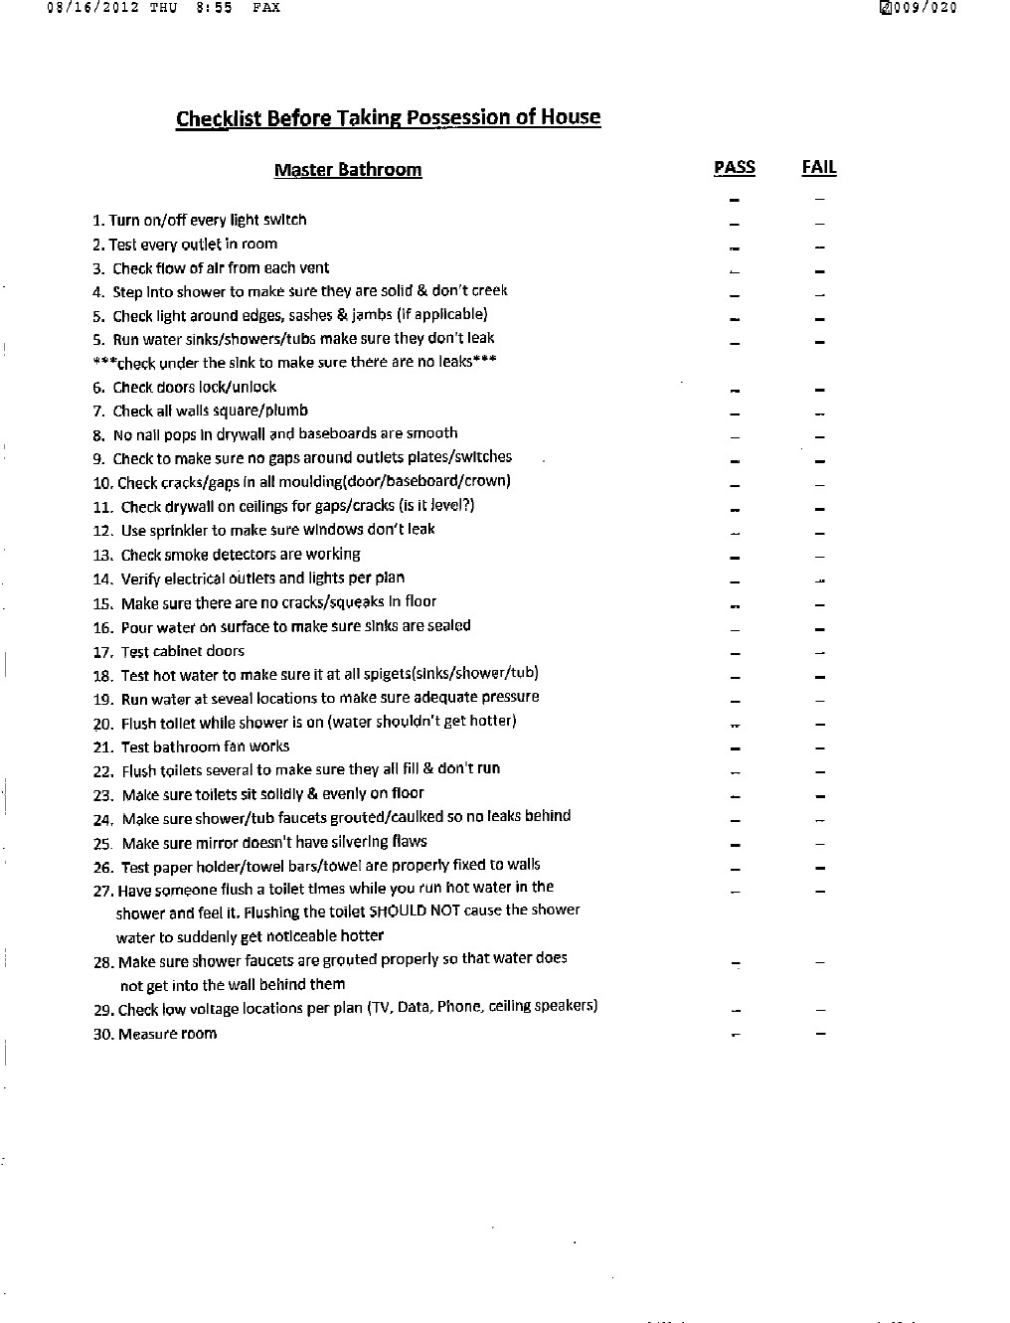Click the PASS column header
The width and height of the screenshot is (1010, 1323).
pos(734,167)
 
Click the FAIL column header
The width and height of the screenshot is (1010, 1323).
pos(818,167)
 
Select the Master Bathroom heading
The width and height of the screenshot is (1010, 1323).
pos(348,170)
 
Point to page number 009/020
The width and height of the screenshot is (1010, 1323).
pos(924,8)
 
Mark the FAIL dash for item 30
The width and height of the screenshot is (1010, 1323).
pos(820,1034)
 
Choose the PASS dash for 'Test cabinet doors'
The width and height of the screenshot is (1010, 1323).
pos(735,653)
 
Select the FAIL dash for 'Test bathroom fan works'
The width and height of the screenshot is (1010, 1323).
pos(820,748)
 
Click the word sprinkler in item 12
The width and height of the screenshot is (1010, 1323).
pos(182,530)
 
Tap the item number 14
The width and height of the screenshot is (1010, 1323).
pos(102,579)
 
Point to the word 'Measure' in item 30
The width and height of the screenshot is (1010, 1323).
pos(146,1034)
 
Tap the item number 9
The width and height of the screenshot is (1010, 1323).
pos(98,459)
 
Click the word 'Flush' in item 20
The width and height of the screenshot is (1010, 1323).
pos(139,724)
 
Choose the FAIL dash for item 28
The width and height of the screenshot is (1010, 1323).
pos(820,962)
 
